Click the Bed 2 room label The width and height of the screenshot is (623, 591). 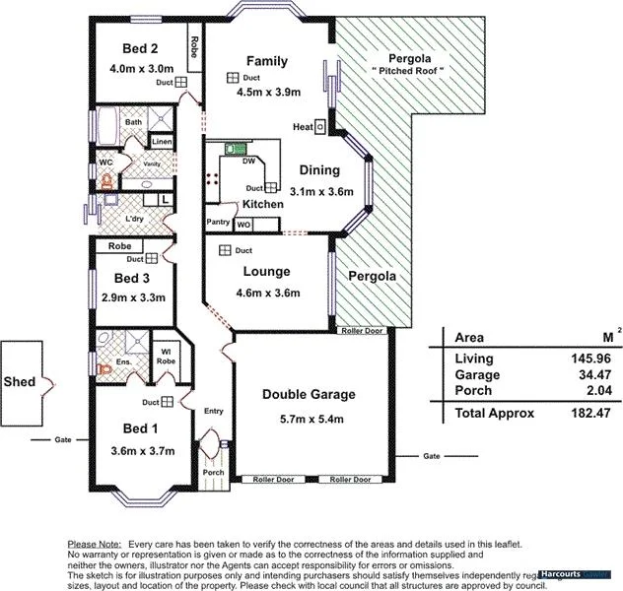coord(140,48)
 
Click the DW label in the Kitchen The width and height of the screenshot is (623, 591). coord(248,161)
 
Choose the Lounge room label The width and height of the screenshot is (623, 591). coord(266,272)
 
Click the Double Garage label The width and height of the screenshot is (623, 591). coord(309,395)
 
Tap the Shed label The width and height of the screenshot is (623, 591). coord(21,381)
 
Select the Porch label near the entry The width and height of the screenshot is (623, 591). coord(214,472)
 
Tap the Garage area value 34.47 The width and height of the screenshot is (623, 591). coord(591,375)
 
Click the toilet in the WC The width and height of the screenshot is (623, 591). coord(106,182)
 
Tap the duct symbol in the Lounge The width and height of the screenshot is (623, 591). coord(225,251)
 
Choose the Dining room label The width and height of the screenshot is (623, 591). coord(321,169)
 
